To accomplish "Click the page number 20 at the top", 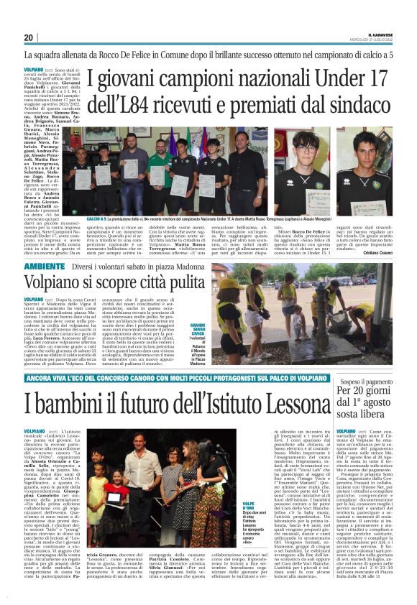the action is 29,37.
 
